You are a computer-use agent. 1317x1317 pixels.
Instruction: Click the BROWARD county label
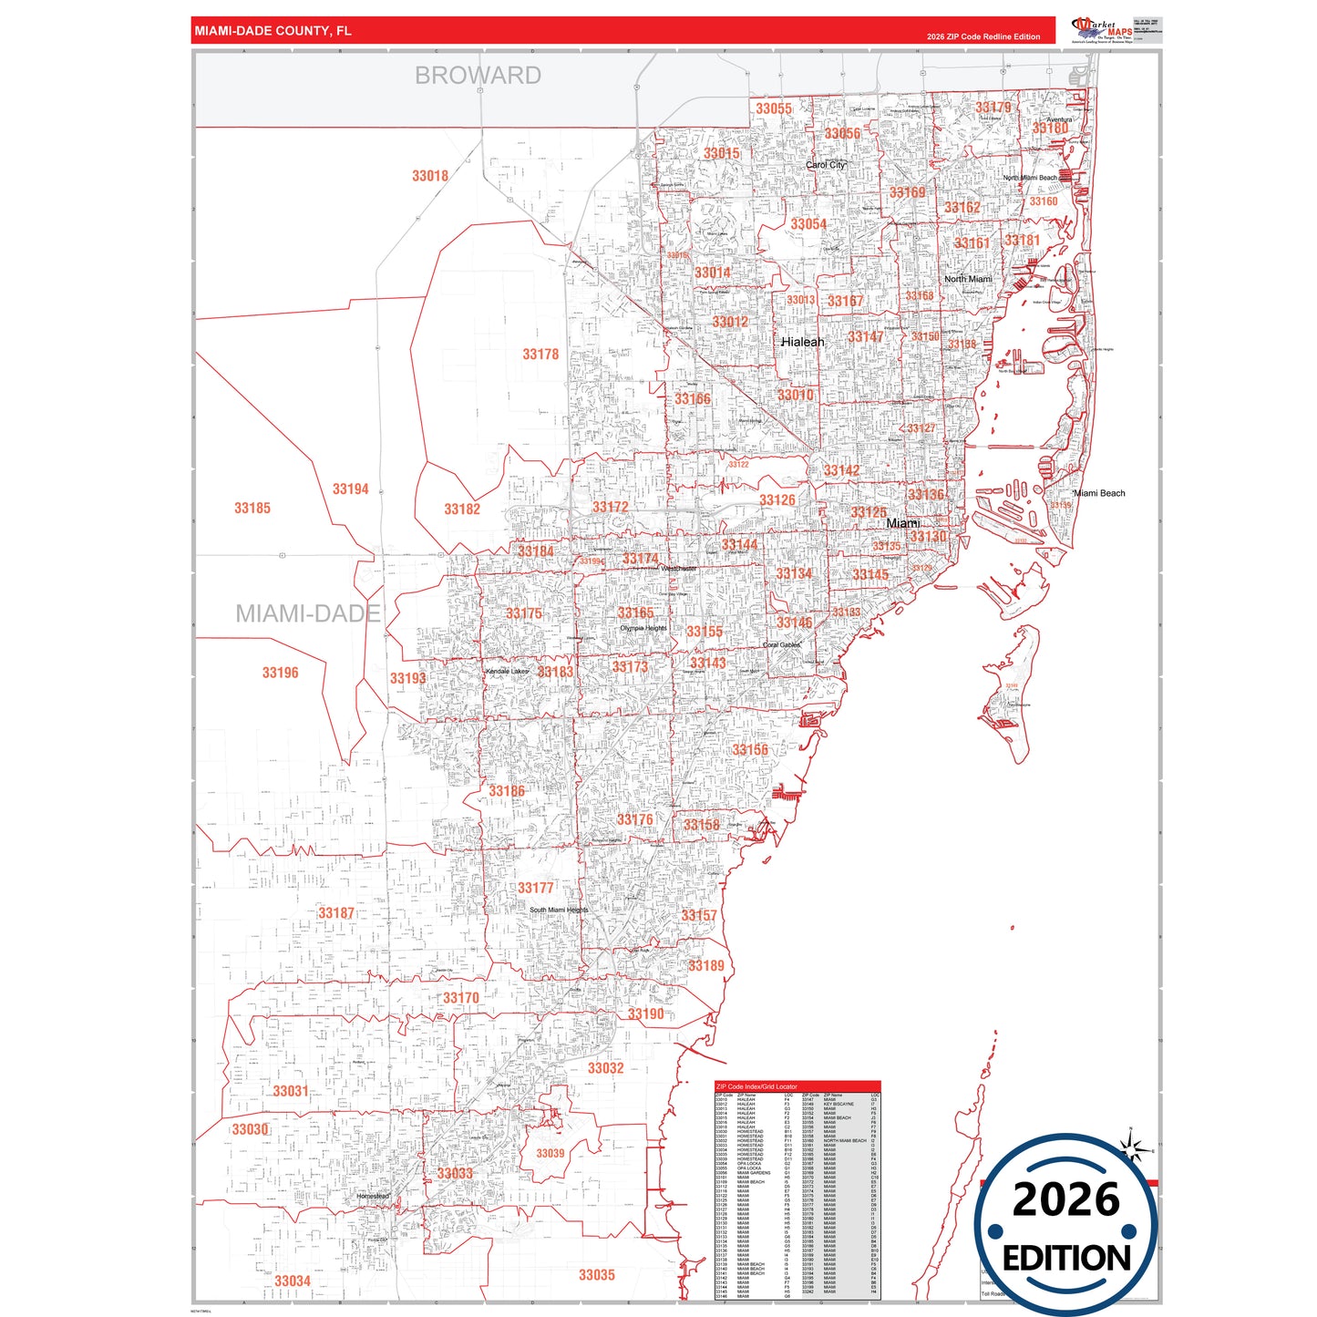click(478, 76)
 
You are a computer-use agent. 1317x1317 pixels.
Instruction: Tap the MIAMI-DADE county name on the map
click(308, 613)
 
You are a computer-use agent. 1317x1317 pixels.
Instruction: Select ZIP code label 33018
click(430, 176)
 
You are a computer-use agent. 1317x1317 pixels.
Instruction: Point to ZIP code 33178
click(540, 354)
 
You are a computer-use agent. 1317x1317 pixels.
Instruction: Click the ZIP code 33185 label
click(252, 508)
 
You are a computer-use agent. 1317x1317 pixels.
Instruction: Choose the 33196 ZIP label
click(280, 673)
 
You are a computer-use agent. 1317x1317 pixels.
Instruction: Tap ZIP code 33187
click(336, 912)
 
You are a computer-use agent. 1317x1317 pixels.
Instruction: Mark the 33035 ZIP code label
click(597, 1275)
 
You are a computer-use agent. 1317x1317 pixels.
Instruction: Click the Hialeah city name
click(802, 342)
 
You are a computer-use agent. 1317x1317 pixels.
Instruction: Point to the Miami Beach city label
click(1100, 493)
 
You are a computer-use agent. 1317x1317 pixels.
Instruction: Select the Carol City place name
click(826, 165)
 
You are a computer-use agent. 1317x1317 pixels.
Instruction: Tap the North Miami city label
click(968, 279)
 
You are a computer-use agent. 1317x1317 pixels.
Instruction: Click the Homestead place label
click(373, 1196)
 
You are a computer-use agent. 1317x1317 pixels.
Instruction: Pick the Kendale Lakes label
click(507, 672)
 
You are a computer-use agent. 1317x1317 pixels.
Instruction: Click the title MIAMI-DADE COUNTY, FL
click(273, 31)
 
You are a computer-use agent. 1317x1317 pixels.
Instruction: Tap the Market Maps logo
click(1102, 30)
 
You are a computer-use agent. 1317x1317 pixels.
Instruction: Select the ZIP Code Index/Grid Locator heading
click(756, 1086)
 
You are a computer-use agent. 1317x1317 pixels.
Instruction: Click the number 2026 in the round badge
click(1065, 1199)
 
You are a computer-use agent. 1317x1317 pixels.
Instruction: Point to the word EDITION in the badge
click(1066, 1259)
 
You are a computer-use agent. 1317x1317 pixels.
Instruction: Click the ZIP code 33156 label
click(750, 750)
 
